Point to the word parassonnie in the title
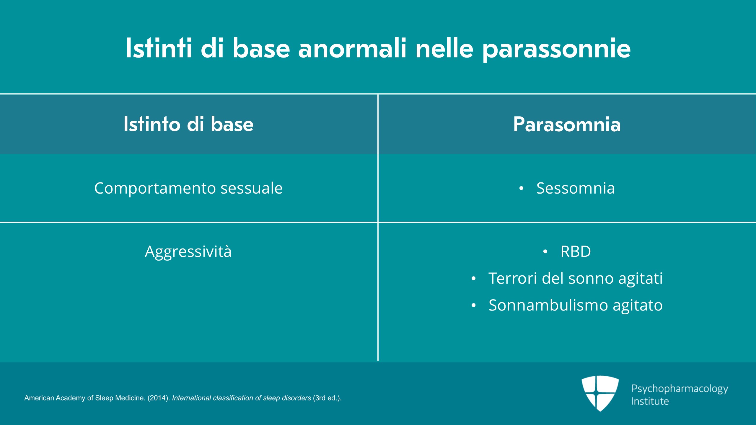click(x=557, y=50)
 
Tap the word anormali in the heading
click(x=352, y=48)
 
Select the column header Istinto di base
click(x=189, y=124)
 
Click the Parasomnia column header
click(x=567, y=124)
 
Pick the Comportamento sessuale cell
click(x=188, y=188)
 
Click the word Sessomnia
click(x=576, y=188)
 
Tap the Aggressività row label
click(x=188, y=252)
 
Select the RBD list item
click(x=576, y=251)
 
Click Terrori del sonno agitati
click(x=576, y=278)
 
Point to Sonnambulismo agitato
click(x=576, y=305)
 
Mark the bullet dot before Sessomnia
click(x=521, y=188)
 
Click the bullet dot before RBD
click(x=545, y=252)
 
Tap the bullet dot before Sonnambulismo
click(x=474, y=305)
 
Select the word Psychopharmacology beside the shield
click(x=680, y=389)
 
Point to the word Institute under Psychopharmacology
click(x=650, y=401)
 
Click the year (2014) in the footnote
click(x=159, y=398)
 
